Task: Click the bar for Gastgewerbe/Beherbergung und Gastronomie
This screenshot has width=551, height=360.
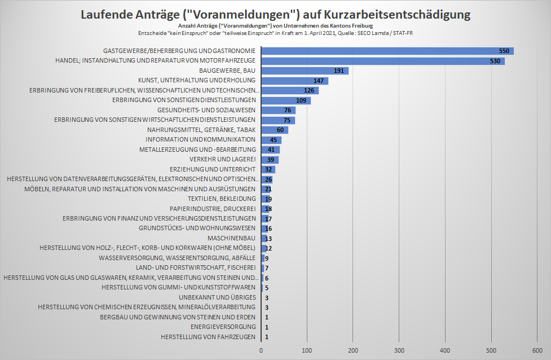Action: (387, 51)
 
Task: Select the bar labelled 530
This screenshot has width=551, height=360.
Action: (382, 61)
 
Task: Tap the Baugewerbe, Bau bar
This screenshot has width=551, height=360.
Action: (305, 71)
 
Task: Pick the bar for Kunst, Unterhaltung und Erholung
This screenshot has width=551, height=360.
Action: (294, 81)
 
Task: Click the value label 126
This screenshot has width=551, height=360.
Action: (309, 91)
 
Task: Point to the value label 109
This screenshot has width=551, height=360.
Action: (301, 100)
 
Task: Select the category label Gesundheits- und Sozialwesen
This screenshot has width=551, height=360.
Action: (206, 110)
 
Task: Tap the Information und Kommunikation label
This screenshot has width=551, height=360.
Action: (201, 139)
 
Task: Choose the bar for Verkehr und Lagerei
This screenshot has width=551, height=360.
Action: (270, 160)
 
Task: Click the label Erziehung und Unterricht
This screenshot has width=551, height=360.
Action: (213, 169)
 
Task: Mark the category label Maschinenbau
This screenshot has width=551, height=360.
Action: (232, 238)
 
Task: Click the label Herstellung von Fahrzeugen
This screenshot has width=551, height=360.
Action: (208, 337)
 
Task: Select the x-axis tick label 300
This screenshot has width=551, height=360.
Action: (399, 351)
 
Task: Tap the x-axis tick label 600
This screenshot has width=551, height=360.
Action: (537, 351)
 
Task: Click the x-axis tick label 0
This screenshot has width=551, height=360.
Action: (261, 351)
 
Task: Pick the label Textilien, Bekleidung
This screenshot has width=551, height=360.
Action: (222, 199)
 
